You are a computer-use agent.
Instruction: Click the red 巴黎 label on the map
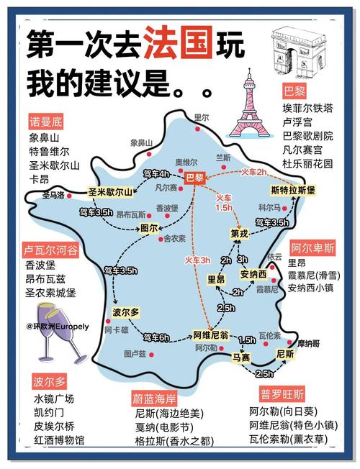[x=195, y=177]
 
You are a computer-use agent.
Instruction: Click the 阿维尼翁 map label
[x=211, y=334]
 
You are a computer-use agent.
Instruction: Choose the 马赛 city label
[x=241, y=355]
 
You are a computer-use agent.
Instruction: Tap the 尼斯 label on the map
[x=285, y=355]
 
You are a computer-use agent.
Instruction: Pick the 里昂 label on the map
[x=215, y=279]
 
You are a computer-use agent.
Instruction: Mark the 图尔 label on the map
[x=149, y=228]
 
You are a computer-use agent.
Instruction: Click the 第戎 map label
[x=239, y=233]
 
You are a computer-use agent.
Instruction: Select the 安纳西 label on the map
[x=253, y=275]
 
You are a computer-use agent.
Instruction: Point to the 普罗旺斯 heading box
[x=282, y=394]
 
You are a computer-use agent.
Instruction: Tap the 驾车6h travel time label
[x=156, y=337]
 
